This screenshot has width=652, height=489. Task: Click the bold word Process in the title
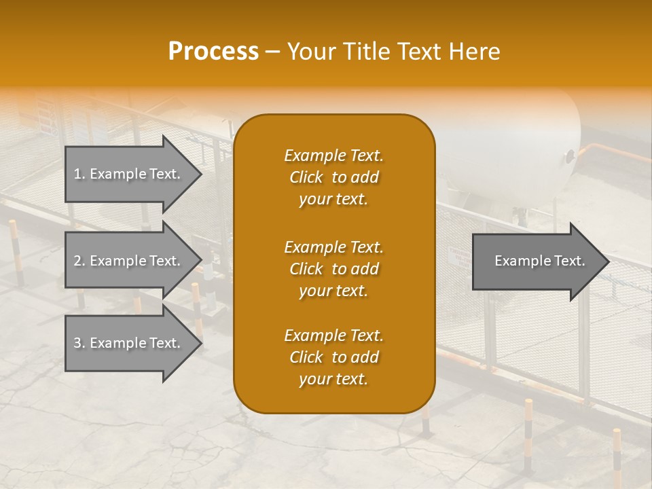pyautogui.click(x=213, y=52)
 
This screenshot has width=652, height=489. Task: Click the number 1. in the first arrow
pyautogui.click(x=79, y=174)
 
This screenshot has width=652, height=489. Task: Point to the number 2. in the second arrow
pyautogui.click(x=79, y=261)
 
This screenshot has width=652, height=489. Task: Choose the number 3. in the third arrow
pyautogui.click(x=79, y=343)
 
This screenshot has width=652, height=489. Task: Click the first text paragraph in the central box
pyautogui.click(x=333, y=177)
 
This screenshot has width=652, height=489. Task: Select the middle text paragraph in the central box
pyautogui.click(x=333, y=269)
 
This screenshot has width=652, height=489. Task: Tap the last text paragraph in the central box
pyautogui.click(x=333, y=357)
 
